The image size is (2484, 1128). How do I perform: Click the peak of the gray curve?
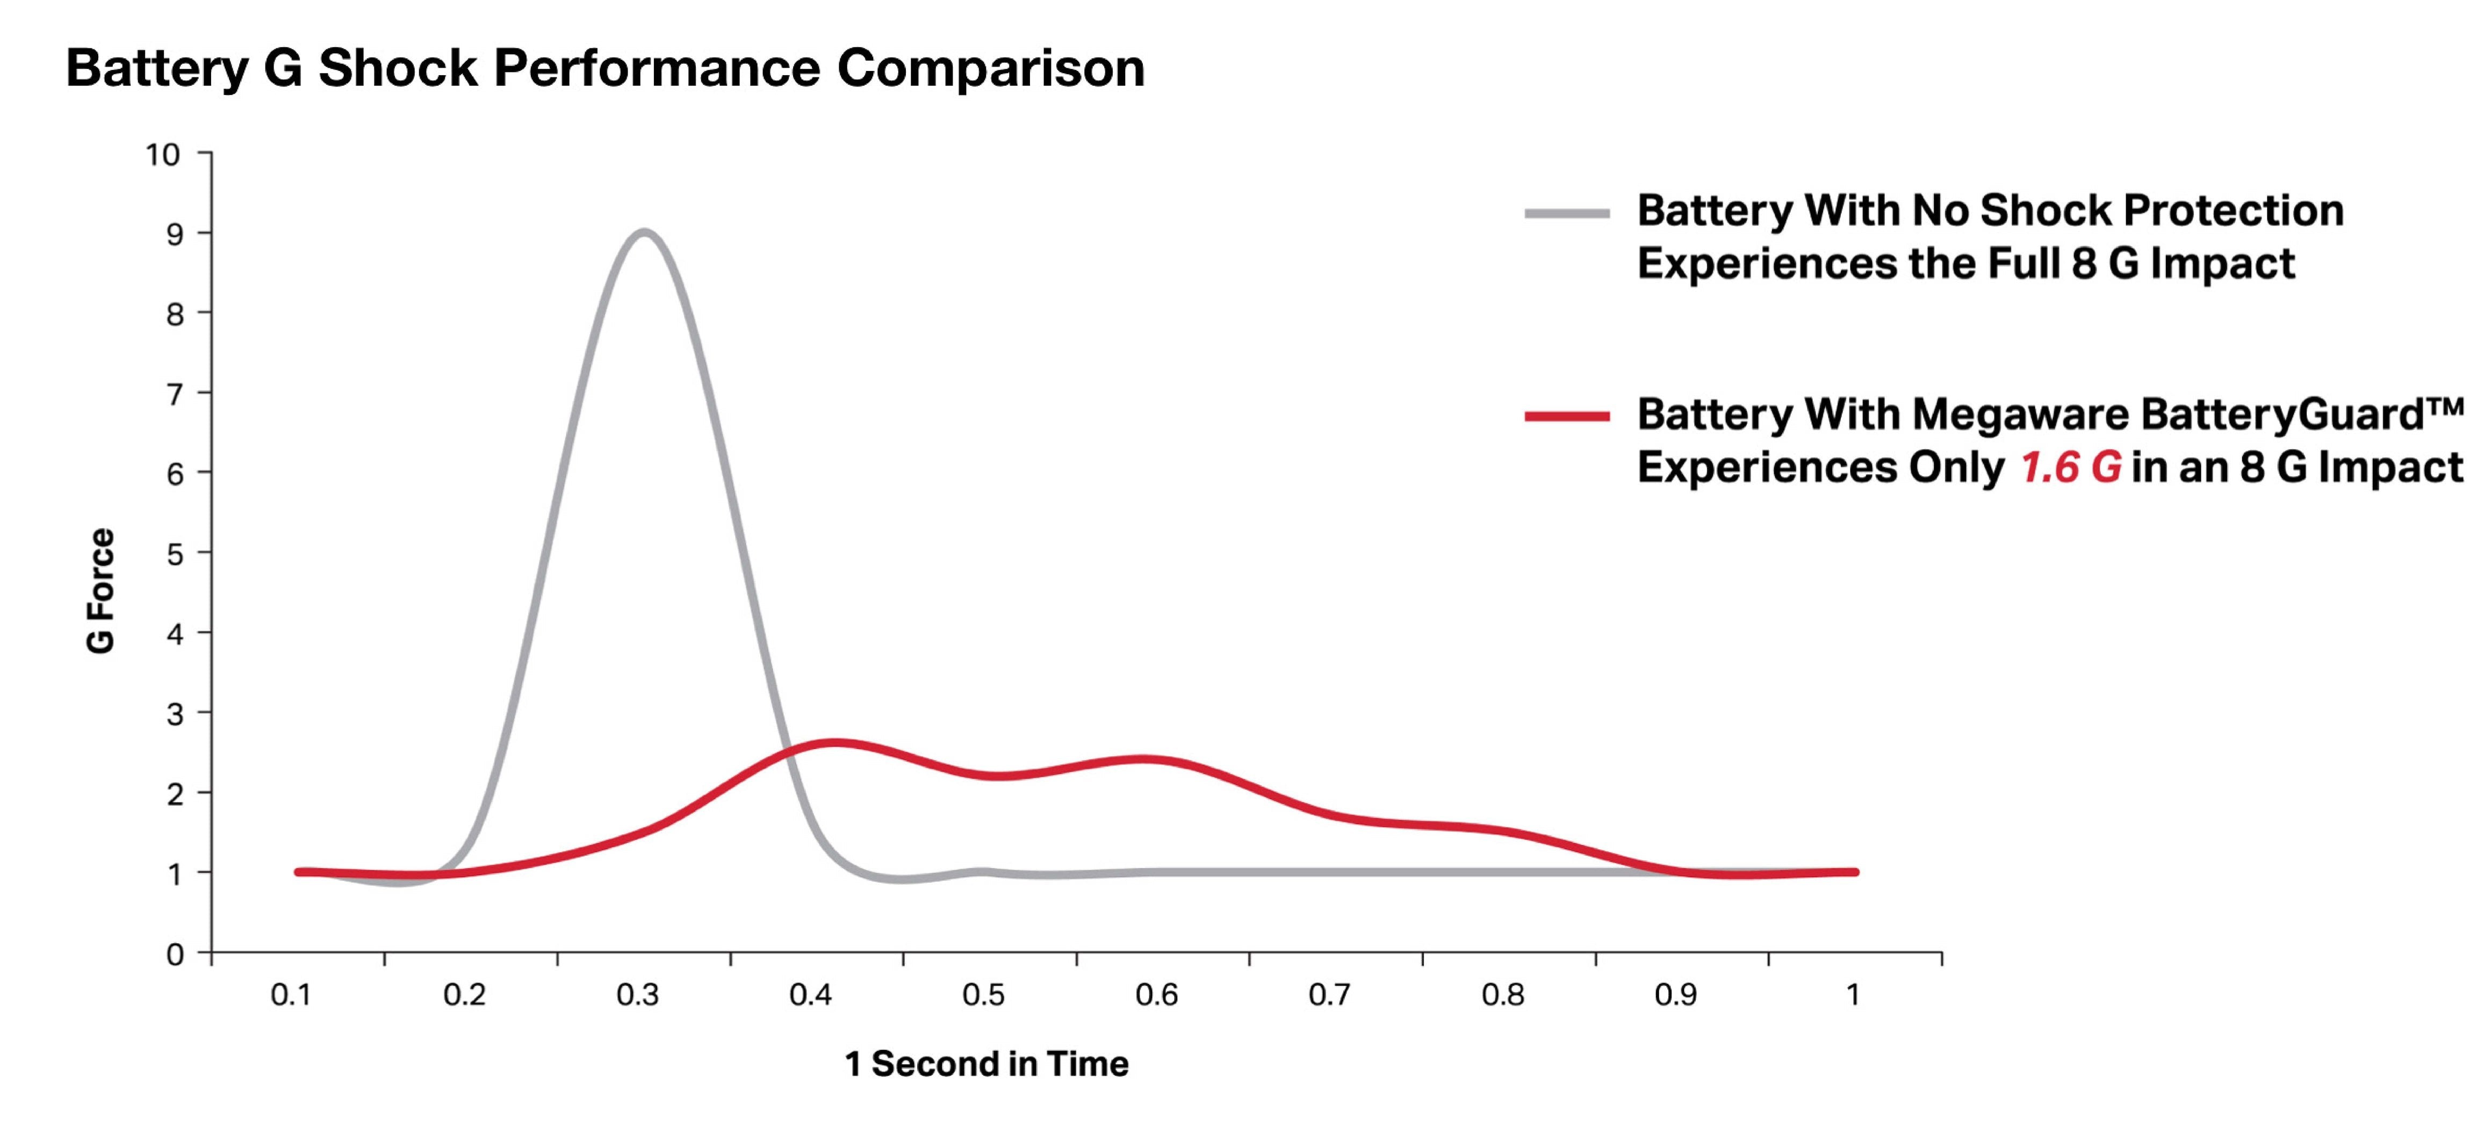click(643, 233)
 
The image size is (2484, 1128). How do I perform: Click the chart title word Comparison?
click(990, 68)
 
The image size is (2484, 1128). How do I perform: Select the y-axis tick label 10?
click(163, 154)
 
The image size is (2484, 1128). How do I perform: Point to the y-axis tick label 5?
click(175, 554)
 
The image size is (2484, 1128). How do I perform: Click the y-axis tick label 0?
click(175, 955)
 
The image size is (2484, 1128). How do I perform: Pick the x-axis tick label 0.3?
click(637, 995)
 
